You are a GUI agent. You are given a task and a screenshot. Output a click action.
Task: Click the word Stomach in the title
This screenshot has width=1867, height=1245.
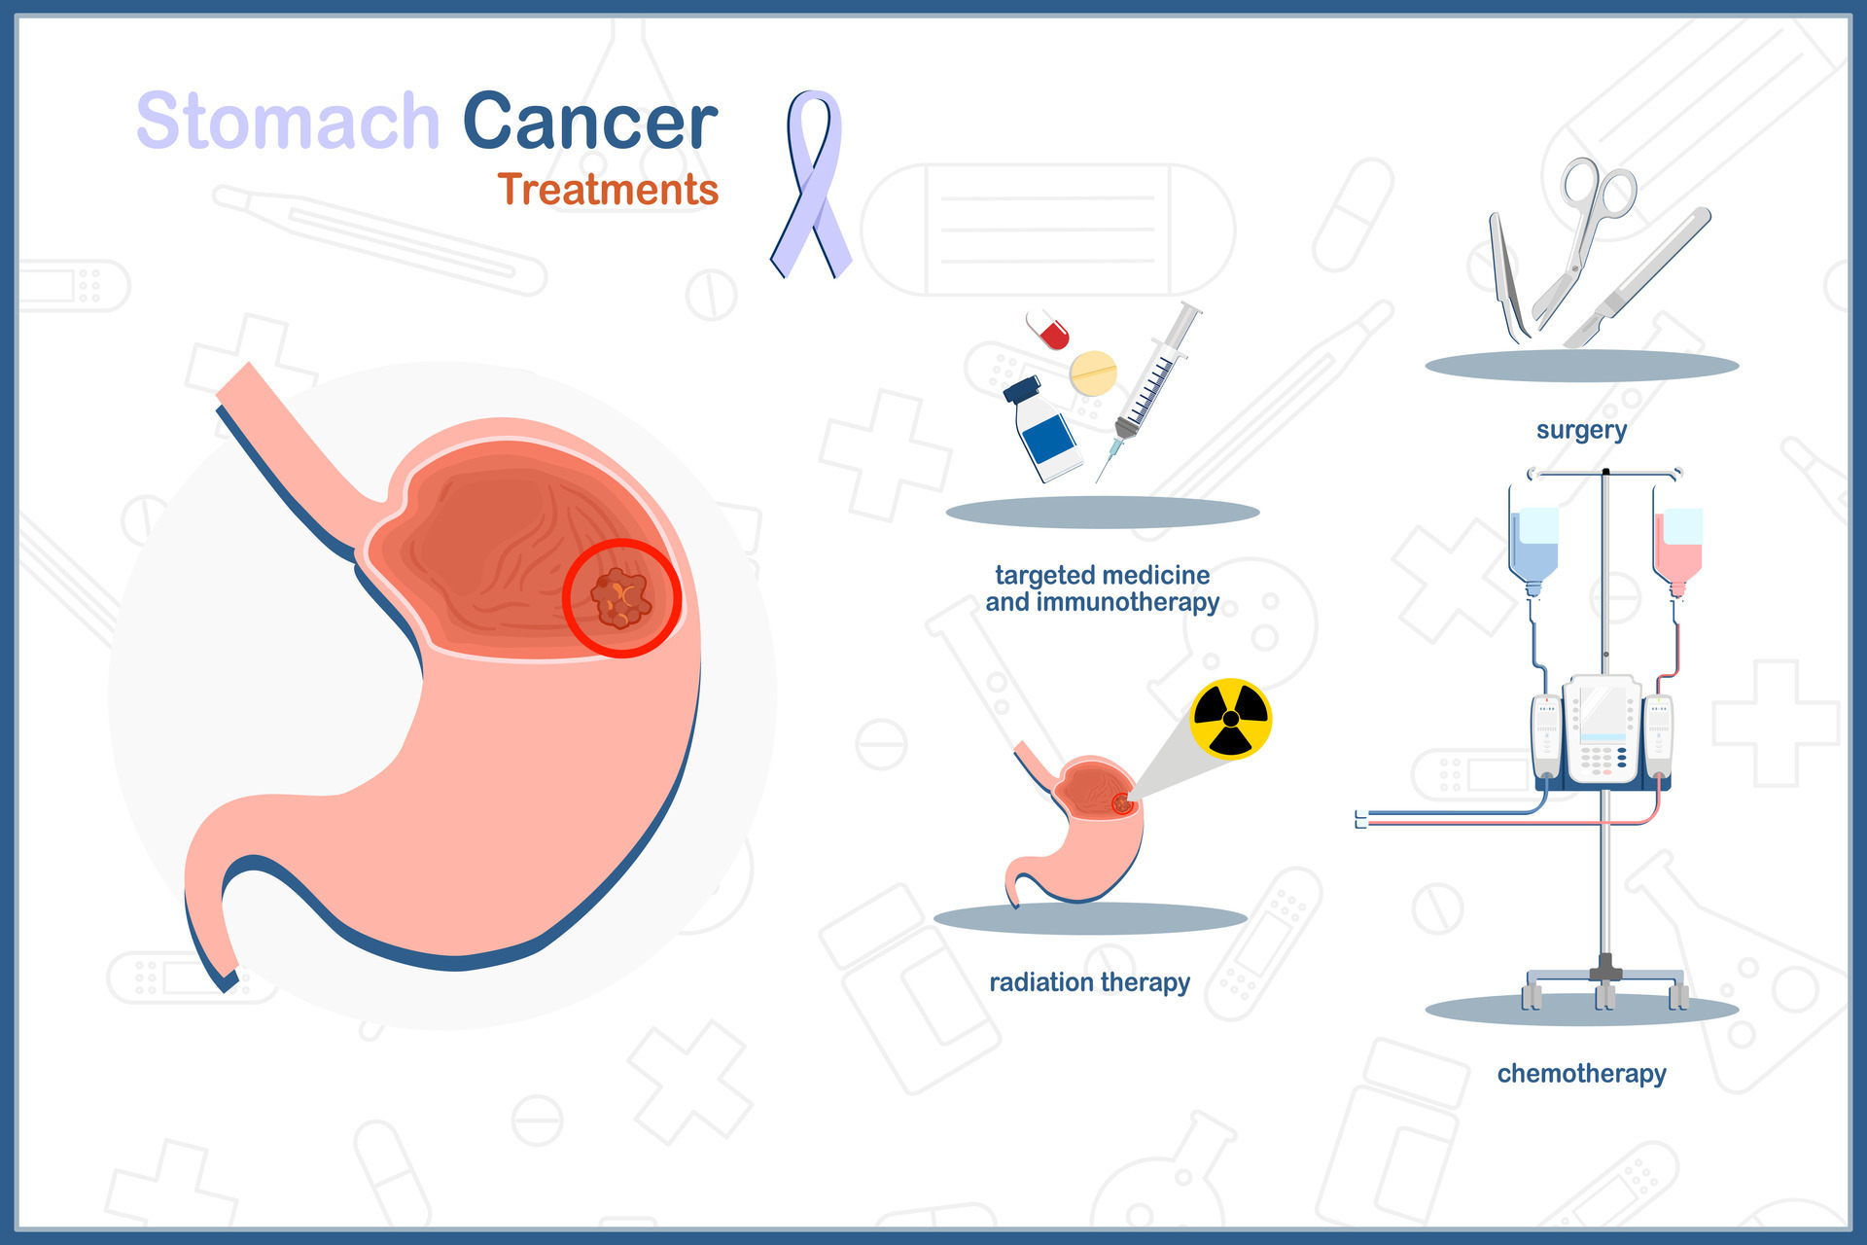288,122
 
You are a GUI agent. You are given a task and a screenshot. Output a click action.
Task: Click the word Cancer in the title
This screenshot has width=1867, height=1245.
589,122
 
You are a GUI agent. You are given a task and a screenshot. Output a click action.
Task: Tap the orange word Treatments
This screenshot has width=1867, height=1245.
608,190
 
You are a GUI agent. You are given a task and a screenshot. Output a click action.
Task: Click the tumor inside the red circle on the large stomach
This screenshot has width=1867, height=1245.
620,597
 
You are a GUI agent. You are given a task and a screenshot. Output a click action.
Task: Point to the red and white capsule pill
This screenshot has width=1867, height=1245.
1048,330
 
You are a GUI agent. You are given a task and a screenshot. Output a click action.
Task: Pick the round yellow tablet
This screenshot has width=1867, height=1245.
1093,373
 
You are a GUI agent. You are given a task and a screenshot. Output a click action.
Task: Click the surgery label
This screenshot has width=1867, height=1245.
1581,430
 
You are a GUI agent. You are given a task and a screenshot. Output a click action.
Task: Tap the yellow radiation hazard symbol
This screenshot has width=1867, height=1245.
1231,719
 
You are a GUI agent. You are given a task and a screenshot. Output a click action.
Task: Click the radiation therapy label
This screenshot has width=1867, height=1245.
1089,982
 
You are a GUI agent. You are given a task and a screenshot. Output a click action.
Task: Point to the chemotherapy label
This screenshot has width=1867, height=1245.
1581,1074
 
